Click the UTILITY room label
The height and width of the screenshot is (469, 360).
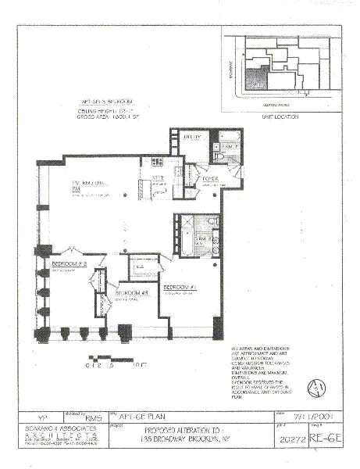(192, 137)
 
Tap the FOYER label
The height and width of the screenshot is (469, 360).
(209, 179)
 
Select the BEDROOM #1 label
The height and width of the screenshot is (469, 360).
(179, 288)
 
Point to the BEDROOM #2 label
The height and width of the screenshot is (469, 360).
(68, 265)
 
